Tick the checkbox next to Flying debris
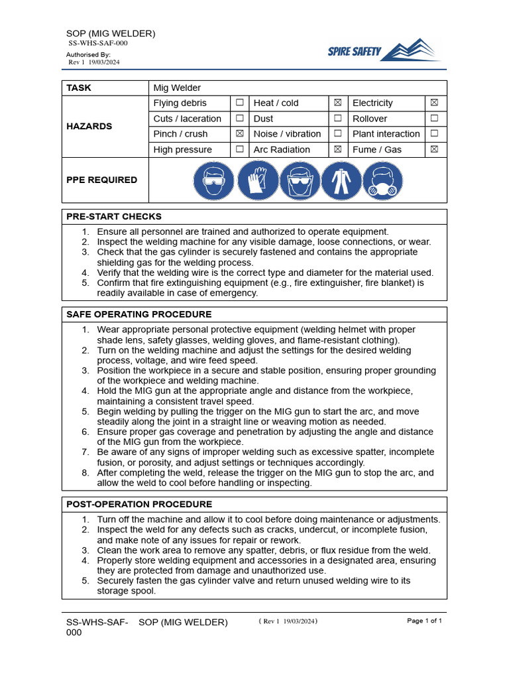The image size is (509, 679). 239,103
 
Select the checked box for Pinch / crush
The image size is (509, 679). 239,134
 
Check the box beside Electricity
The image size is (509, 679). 435,103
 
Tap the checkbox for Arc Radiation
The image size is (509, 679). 337,150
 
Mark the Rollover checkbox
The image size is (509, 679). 435,119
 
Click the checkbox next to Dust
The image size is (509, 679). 337,119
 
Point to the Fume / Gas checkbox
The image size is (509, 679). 435,150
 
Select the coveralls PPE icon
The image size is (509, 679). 342,180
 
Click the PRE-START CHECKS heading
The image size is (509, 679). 113,217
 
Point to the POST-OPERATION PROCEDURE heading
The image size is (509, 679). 139,505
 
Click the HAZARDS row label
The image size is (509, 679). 89,126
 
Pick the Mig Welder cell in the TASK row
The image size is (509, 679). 177,88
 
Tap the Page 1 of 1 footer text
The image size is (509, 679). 424,621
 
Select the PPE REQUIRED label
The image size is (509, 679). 101,180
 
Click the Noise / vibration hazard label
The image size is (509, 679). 287,134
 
